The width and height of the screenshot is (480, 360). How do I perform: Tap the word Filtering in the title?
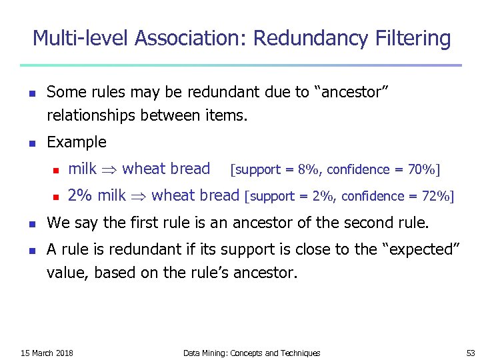click(411, 39)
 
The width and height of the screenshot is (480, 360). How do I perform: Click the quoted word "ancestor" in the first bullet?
click(351, 93)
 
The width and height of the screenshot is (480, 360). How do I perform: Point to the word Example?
click(77, 142)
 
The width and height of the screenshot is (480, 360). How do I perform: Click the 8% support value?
click(309, 169)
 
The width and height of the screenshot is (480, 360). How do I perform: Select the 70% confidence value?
click(423, 169)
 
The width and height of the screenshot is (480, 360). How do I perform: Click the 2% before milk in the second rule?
click(81, 195)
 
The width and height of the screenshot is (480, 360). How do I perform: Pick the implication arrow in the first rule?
click(111, 169)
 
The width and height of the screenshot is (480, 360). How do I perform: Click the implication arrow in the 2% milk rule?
click(139, 196)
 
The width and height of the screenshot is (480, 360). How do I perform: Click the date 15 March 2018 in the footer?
click(47, 353)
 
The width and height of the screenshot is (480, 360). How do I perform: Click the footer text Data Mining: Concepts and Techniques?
click(251, 353)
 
